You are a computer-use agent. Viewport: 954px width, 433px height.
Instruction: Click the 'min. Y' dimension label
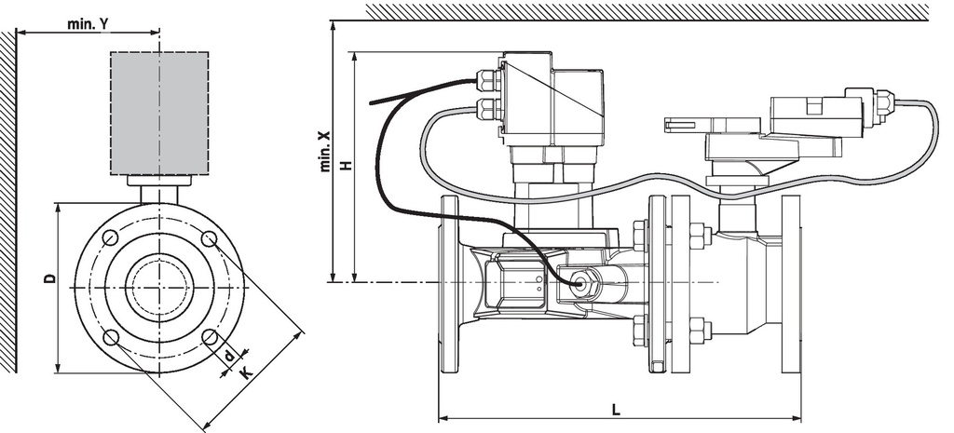pos(89,23)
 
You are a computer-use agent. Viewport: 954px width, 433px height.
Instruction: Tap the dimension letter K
pos(245,372)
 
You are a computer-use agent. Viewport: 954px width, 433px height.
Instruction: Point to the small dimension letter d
pos(229,356)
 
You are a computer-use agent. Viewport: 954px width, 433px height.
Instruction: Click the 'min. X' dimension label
pos(325,150)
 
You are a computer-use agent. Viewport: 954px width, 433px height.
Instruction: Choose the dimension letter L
pos(617,410)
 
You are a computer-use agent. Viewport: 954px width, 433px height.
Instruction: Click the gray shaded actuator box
pos(159,113)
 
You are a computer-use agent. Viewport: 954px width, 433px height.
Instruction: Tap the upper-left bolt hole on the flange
pos(110,237)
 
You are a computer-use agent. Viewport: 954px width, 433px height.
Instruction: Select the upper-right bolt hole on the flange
pos(210,238)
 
